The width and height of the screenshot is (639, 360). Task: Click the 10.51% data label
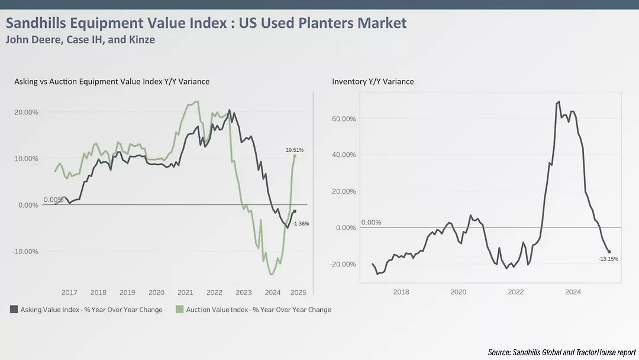294,150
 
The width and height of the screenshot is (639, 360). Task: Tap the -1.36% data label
301,223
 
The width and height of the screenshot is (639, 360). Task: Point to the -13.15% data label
608,259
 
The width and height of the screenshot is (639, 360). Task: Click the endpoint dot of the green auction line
295,156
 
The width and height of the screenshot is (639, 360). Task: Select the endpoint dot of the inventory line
609,252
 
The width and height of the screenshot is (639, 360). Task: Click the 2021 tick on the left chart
185,292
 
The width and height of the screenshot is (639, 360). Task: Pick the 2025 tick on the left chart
298,292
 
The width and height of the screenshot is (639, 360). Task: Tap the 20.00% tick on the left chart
25,112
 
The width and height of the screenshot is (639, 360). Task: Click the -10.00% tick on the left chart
25,251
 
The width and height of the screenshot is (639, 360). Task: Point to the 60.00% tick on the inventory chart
344,118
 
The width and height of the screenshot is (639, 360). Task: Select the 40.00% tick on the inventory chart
344,155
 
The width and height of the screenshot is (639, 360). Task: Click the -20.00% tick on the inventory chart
343,264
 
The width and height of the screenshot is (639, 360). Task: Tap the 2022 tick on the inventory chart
516,292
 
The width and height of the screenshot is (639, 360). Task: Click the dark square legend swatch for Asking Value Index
14,309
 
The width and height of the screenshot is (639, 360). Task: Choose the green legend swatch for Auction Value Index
180,309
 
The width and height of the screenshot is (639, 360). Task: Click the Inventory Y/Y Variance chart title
373,81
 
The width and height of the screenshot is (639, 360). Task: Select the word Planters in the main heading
325,23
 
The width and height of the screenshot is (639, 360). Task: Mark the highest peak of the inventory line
559,102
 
